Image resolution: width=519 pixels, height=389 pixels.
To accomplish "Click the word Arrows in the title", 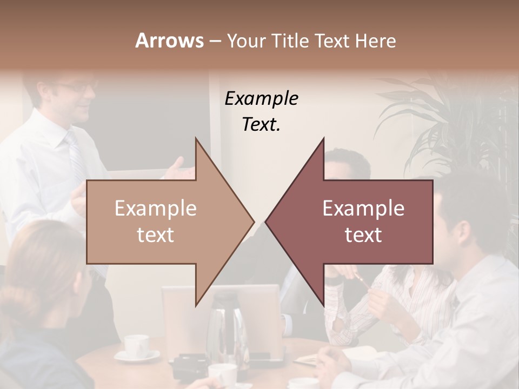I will pyautogui.click(x=169, y=41).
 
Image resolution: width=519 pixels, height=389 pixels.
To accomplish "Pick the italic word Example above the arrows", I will pyautogui.click(x=261, y=98).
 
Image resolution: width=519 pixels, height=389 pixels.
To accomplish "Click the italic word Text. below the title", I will pyautogui.click(x=261, y=124).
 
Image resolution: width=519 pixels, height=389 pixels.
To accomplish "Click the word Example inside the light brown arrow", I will pyautogui.click(x=156, y=208).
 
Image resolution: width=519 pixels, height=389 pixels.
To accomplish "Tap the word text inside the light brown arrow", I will pyautogui.click(x=156, y=234).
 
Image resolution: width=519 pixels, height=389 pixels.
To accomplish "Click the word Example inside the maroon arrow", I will pyautogui.click(x=363, y=208).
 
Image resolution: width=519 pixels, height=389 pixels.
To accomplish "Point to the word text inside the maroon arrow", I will pyautogui.click(x=363, y=234).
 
